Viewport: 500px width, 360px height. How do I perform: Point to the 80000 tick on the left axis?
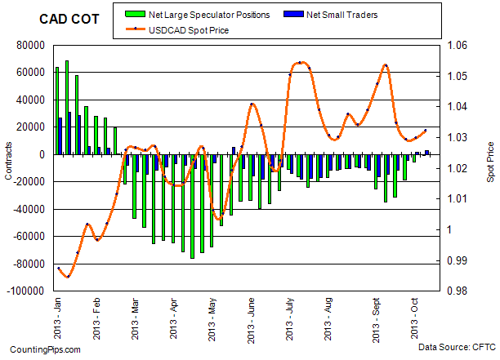(29, 45)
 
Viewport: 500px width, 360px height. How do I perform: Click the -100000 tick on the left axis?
(26, 291)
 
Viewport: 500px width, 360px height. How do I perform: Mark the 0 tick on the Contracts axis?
(41, 154)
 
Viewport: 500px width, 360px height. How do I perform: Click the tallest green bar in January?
(66, 107)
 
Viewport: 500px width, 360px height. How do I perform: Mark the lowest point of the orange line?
(67, 277)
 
